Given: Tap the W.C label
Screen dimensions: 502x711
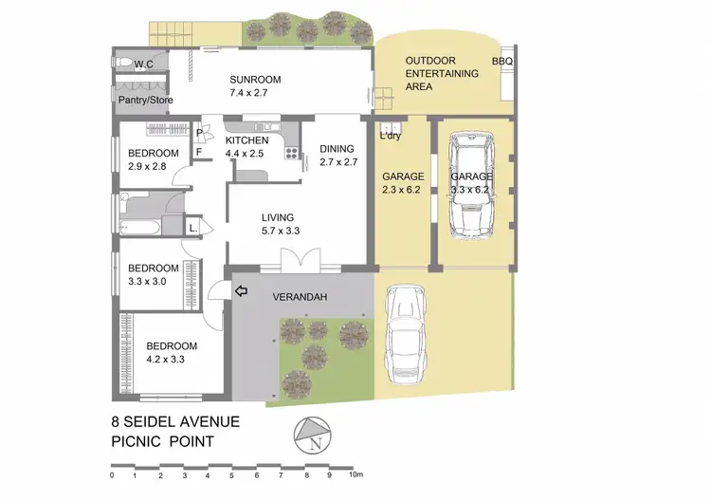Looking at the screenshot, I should tap(144, 65).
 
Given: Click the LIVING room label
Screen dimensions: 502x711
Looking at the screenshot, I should tap(279, 217).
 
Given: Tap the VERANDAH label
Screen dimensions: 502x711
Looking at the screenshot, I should tap(301, 298).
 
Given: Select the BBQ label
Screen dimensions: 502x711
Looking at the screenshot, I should tap(501, 62).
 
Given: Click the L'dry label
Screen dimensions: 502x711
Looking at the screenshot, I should tap(390, 137).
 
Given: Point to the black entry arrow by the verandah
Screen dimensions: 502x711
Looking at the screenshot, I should tap(240, 290).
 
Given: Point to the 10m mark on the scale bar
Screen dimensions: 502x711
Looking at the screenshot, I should tap(355, 474).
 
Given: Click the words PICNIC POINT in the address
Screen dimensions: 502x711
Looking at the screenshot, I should tap(161, 442).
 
